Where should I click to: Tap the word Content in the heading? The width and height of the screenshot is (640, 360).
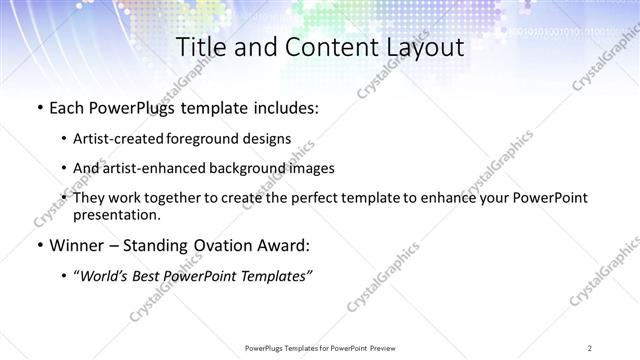(x=315, y=47)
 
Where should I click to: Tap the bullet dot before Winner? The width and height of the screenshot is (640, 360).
(x=38, y=245)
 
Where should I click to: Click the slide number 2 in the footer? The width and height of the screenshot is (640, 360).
(x=590, y=347)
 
